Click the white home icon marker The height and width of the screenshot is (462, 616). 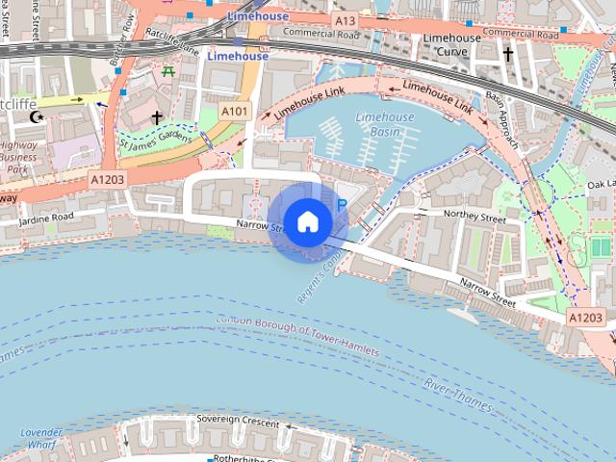coord(307,221)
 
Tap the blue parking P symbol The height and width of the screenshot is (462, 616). coord(340,205)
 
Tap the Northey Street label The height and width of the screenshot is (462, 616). coord(475,218)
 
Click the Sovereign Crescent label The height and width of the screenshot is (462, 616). coord(239,420)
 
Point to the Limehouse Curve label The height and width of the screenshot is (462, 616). coord(451,44)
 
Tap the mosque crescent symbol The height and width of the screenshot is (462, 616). coord(38,117)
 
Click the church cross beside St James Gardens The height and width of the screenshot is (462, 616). coord(157,117)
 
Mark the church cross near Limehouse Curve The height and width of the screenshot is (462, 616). coord(507,55)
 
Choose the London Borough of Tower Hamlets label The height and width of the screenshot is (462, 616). coord(297,338)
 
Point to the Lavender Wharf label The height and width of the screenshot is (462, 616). coord(40,439)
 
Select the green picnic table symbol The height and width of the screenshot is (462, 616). coord(169,70)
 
